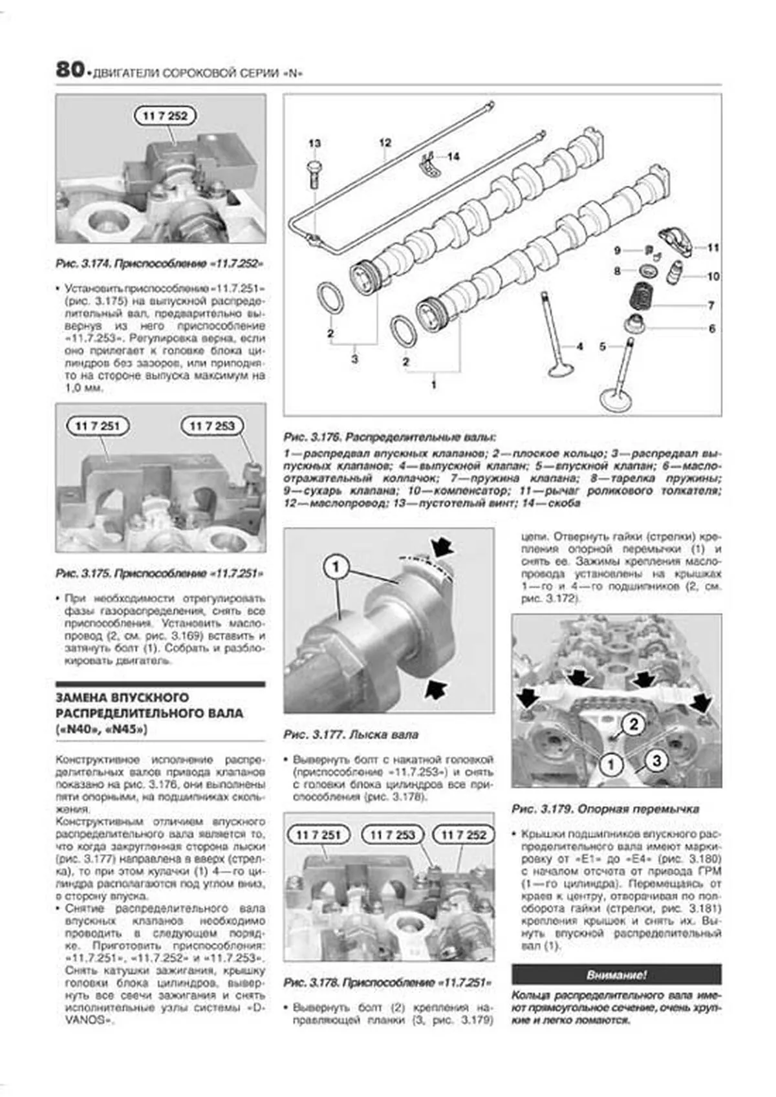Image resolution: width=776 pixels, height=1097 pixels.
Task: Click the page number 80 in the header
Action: tap(69, 69)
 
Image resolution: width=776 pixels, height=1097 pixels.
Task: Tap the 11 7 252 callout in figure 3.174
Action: tap(165, 116)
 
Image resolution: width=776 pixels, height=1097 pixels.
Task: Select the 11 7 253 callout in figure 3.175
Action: tap(211, 426)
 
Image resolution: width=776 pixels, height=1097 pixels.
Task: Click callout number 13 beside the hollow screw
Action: tap(314, 144)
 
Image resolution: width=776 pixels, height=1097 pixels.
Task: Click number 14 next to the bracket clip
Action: tap(453, 156)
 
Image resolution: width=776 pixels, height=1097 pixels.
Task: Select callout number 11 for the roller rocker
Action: tap(713, 248)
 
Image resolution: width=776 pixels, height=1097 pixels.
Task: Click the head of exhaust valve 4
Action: tap(559, 370)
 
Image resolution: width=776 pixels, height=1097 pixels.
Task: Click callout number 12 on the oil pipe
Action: tap(385, 143)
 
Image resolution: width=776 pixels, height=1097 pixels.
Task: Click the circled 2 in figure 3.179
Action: tap(634, 724)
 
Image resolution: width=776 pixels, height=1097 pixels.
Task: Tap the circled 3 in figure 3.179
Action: tap(656, 760)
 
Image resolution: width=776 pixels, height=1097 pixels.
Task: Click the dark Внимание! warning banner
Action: tap(616, 975)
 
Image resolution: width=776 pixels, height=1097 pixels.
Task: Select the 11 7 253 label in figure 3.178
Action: tap(392, 835)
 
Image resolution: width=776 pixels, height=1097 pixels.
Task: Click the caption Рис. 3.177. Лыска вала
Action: tap(351, 735)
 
